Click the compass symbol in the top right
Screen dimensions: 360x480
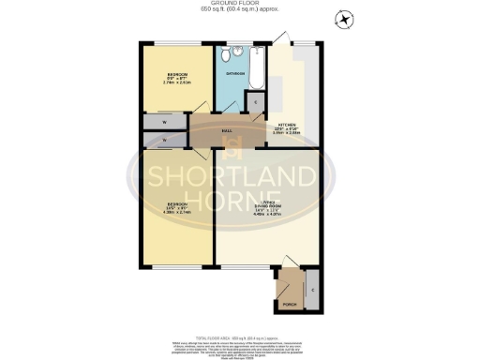click(344, 19)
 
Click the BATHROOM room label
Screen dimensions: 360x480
click(234, 73)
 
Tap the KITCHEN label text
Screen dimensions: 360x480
click(284, 126)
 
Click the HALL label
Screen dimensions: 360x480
click(227, 131)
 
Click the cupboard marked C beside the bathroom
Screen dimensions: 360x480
click(255, 102)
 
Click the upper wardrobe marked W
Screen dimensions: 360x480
click(164, 122)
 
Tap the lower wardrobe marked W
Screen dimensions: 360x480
click(164, 140)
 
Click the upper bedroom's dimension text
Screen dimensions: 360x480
click(176, 82)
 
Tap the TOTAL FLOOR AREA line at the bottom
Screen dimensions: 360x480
click(240, 335)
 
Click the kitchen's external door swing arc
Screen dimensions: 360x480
click(279, 37)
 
